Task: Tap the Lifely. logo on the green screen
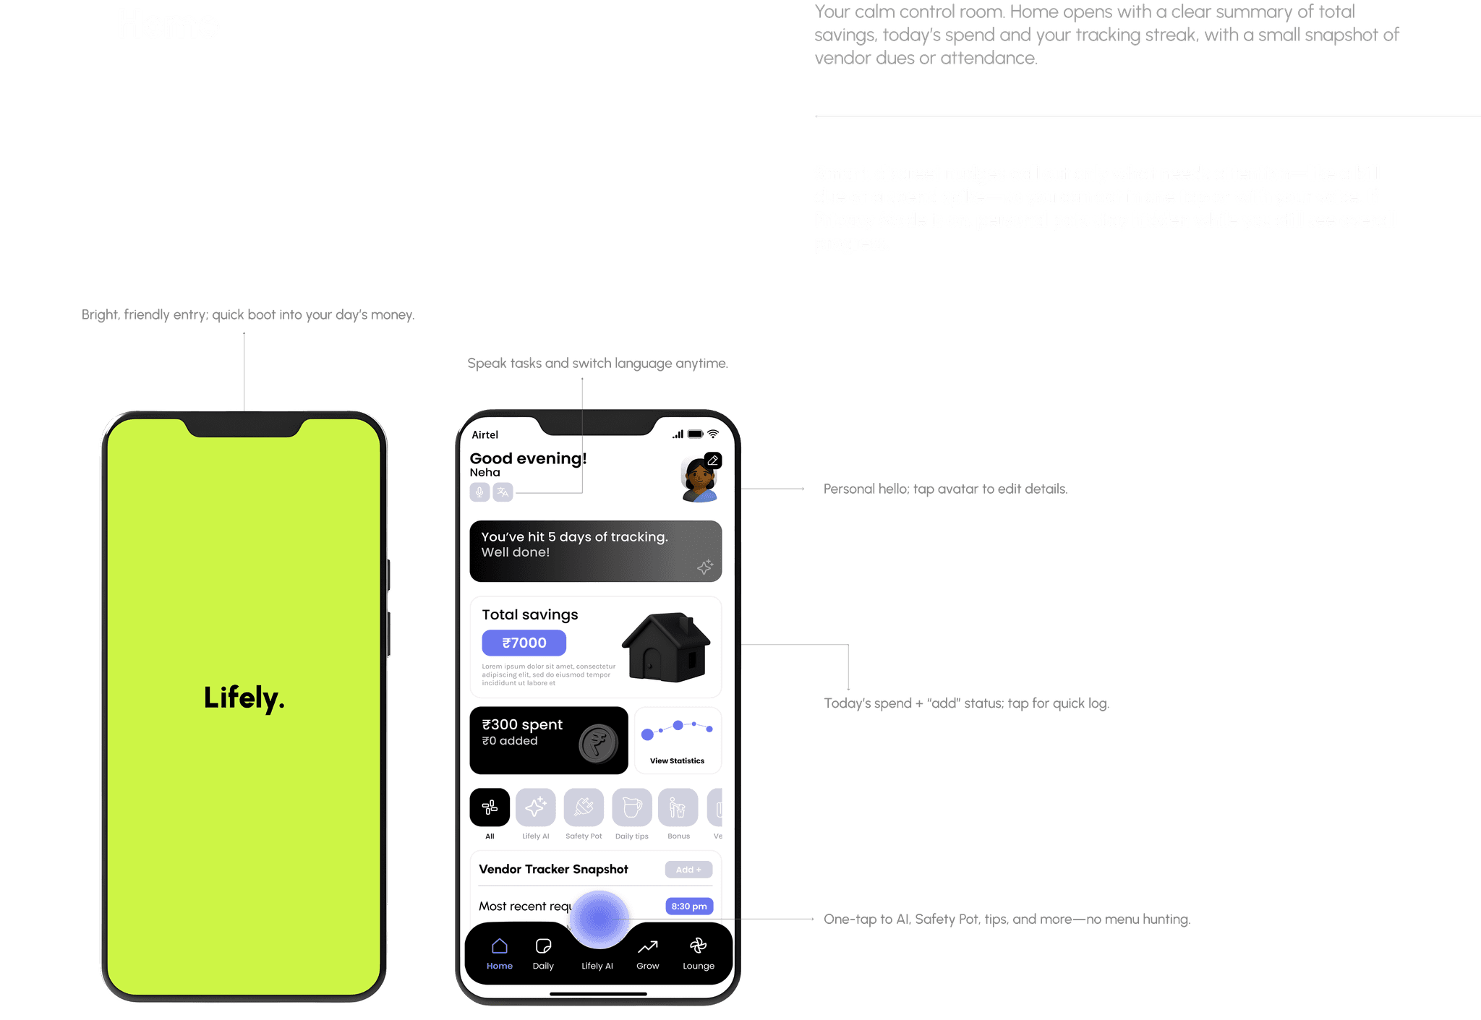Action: tap(244, 698)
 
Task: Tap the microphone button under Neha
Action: tap(479, 492)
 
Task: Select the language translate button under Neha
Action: tap(503, 492)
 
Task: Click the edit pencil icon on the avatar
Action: tap(712, 460)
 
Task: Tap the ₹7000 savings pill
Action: tap(524, 643)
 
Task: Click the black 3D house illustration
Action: tap(666, 648)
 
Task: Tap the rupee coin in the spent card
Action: tap(598, 743)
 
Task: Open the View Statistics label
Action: tap(677, 760)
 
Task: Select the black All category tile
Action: tap(490, 807)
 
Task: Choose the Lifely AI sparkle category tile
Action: tap(535, 807)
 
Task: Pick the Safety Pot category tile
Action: tap(584, 807)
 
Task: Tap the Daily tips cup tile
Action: tap(631, 807)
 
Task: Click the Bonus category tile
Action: tap(678, 807)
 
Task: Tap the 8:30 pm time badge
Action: tap(688, 907)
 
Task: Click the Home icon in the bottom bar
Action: tap(499, 946)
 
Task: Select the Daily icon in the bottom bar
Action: tap(543, 946)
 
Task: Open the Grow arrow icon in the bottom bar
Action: tap(647, 946)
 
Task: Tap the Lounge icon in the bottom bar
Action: tap(698, 946)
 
